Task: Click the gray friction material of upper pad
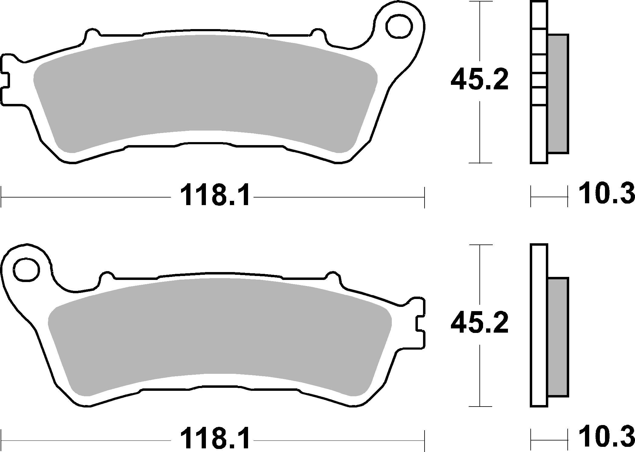pos(206,91)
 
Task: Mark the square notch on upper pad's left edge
pos(5,80)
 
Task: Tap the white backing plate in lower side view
pos(539,326)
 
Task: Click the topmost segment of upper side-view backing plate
pos(539,15)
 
